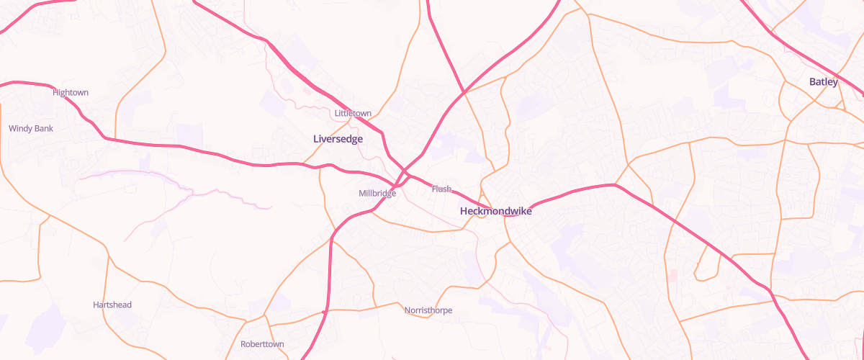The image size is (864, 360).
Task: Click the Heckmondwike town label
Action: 495,211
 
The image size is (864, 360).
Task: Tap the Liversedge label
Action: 338,138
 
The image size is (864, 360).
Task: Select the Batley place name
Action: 824,82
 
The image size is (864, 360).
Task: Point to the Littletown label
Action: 353,114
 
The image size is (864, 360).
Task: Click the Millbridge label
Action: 377,194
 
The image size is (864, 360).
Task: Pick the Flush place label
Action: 441,189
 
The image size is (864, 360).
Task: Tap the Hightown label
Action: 71,93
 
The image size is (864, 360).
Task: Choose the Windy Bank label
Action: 31,129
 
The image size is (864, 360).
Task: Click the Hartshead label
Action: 112,305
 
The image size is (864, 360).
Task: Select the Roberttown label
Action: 262,344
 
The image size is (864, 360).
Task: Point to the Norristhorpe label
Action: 428,310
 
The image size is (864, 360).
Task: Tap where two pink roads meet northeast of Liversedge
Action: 464,92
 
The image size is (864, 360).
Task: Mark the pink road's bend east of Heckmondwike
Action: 614,185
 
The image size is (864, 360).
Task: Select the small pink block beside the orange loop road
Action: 673,276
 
